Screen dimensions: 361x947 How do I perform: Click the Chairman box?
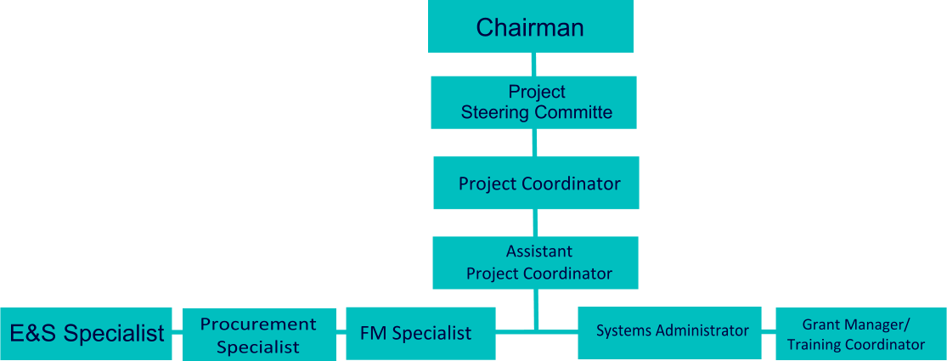(530, 26)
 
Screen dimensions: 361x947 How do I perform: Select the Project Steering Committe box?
(533, 102)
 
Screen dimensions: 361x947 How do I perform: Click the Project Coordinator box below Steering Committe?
(536, 183)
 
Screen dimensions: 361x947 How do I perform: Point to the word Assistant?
(539, 251)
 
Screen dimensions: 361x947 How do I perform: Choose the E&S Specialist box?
(86, 333)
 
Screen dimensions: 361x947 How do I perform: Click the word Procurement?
(258, 324)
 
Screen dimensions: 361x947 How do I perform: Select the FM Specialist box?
(420, 333)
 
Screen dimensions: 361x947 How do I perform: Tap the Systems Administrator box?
(672, 330)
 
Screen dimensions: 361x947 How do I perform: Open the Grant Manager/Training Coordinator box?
(855, 333)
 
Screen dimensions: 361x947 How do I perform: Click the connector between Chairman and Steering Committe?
(533, 64)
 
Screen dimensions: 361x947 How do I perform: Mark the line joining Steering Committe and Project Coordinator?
(535, 142)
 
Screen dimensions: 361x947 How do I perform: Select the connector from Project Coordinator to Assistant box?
(536, 223)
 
